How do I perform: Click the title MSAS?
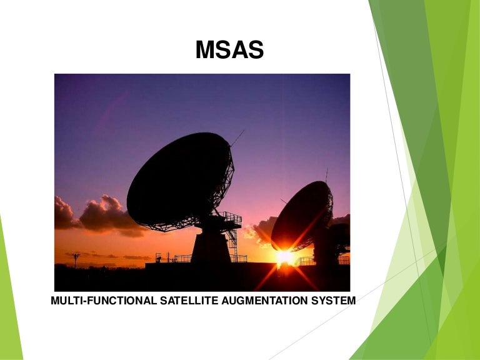pyautogui.click(x=229, y=50)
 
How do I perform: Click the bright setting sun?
pyautogui.click(x=286, y=256)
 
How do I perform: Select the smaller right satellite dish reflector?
pyautogui.click(x=301, y=216)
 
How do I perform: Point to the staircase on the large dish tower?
pyautogui.click(x=233, y=240)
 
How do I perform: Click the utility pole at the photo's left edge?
pyautogui.click(x=76, y=259)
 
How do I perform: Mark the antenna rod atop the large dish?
pyautogui.click(x=237, y=137)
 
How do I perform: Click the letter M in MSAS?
pyautogui.click(x=205, y=50)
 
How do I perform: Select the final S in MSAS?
pyautogui.click(x=256, y=50)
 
